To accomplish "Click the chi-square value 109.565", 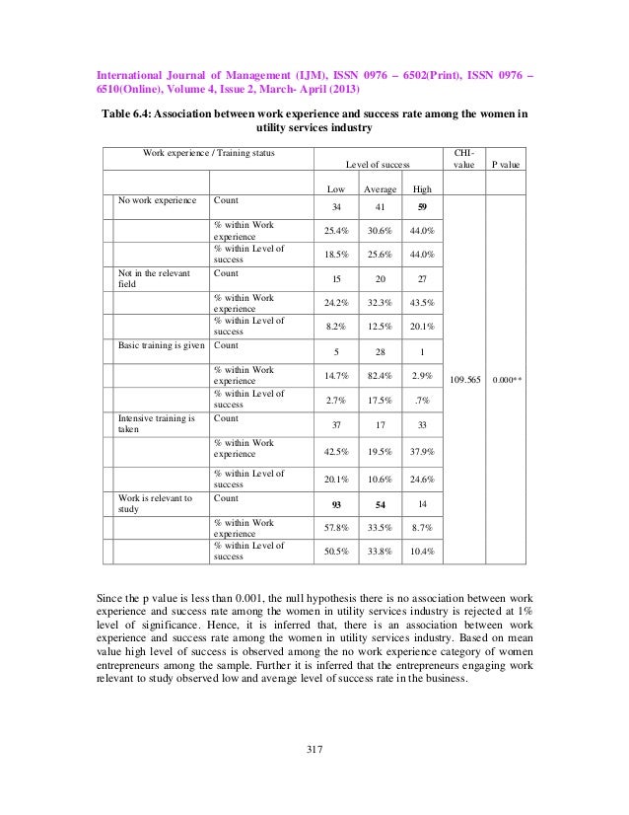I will click(x=461, y=376).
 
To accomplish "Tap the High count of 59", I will click(x=422, y=207).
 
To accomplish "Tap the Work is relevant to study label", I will click(x=155, y=504).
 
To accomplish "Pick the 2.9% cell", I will click(x=422, y=376).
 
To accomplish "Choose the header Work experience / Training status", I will click(x=210, y=153).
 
